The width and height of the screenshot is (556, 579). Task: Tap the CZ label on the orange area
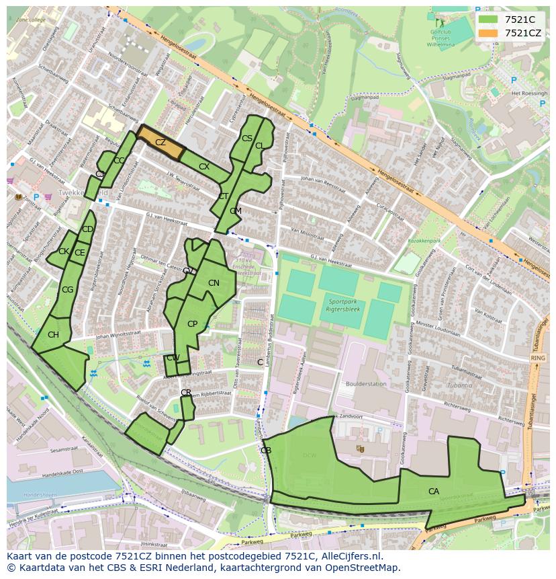(160, 143)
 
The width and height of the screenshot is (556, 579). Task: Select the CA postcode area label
(434, 492)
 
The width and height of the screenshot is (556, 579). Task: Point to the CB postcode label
(266, 451)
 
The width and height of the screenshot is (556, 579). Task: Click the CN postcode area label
(214, 283)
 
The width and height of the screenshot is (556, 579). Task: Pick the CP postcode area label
(193, 324)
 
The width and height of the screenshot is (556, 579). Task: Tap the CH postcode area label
(53, 335)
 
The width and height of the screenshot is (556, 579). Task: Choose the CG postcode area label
(67, 290)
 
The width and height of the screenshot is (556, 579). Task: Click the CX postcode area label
(204, 166)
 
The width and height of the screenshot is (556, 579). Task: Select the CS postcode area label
(246, 139)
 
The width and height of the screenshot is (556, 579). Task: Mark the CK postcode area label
(63, 252)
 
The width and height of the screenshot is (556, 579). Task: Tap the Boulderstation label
(366, 385)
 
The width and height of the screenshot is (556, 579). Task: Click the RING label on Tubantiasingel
(538, 358)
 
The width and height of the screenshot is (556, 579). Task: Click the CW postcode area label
(173, 358)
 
